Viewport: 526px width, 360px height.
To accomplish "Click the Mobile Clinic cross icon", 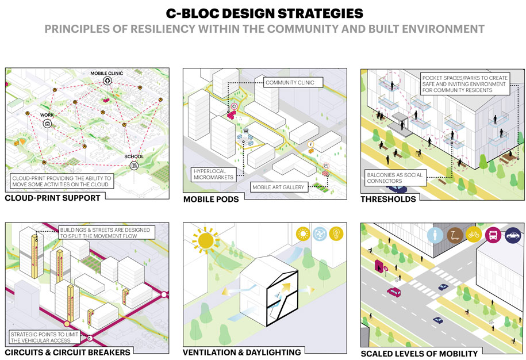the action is pos(107,81).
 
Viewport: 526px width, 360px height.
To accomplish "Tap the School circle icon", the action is pos(134,166).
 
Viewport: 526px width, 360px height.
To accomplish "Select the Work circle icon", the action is pos(47,124).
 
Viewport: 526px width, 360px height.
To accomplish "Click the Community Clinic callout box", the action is pos(290,83).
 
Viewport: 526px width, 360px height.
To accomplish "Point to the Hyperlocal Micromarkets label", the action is pos(213,174).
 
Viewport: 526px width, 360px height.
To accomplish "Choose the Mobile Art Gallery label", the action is pos(278,187).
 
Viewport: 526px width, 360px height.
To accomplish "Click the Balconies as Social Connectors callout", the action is pos(396,178).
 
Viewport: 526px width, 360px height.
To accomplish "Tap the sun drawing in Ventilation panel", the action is pos(205,240).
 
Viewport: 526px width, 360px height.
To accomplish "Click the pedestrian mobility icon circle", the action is pos(435,235).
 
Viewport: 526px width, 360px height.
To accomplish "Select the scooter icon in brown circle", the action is pos(455,235).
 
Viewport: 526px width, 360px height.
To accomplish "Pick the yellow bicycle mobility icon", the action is pos(474,235).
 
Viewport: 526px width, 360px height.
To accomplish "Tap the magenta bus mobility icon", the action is pos(493,235).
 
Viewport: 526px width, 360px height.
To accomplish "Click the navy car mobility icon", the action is pos(513,235).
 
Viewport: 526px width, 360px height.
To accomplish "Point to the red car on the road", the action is pos(394,292).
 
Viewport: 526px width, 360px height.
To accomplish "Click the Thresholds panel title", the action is pos(388,199).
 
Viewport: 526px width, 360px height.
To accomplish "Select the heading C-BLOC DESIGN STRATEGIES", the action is pos(264,13).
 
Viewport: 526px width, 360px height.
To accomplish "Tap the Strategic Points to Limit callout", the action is pos(45,337).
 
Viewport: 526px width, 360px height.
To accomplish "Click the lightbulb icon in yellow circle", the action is pos(336,233).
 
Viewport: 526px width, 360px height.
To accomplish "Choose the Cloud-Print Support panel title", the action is pos(53,198).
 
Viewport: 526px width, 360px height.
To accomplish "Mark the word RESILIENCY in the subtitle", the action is pos(163,29).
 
